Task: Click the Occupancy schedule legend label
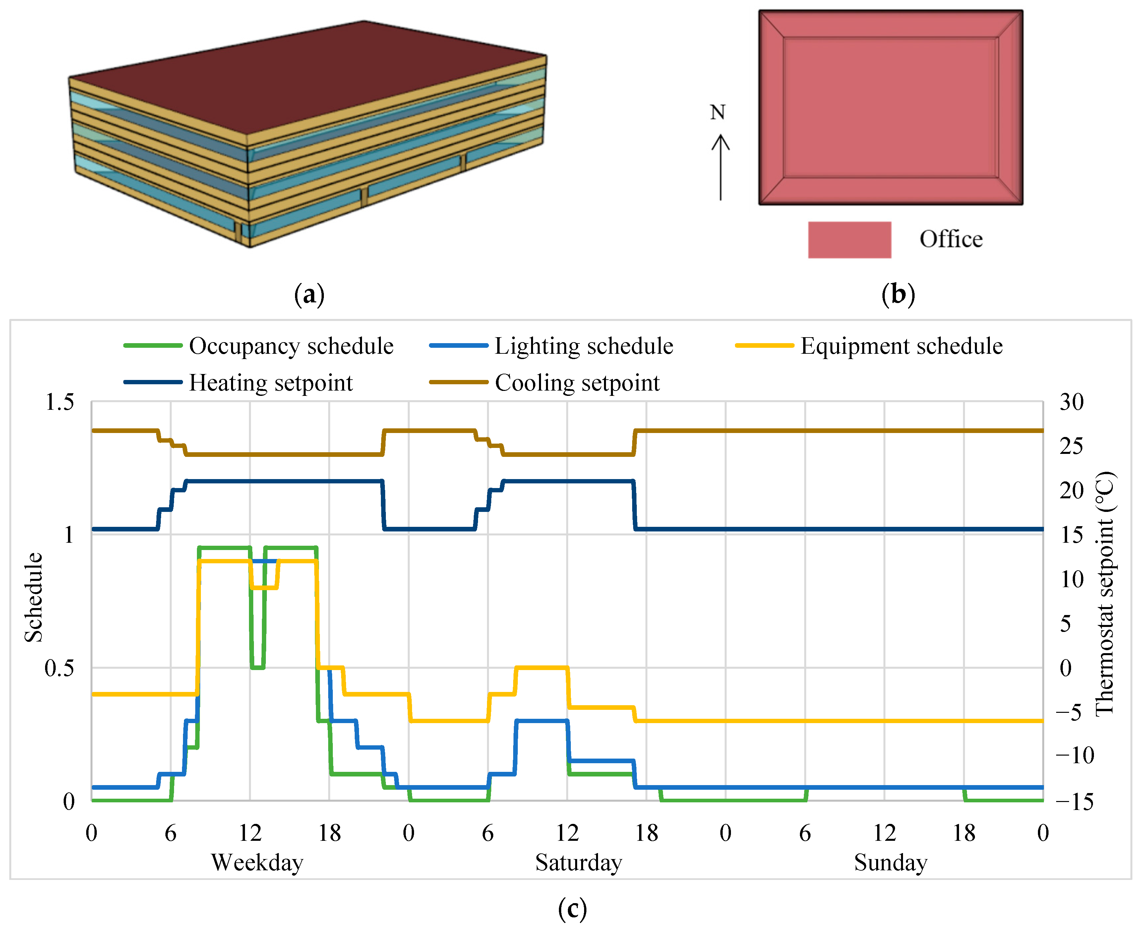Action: pyautogui.click(x=291, y=346)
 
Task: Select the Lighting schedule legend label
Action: pyautogui.click(x=583, y=346)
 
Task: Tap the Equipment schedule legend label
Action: pyautogui.click(x=901, y=346)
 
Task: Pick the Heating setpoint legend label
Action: pyautogui.click(x=271, y=383)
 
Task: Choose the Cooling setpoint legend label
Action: pyautogui.click(x=577, y=383)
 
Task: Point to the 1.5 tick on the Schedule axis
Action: pyautogui.click(x=59, y=402)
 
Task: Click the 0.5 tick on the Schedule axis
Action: pyautogui.click(x=59, y=668)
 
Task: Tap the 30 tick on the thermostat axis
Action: pyautogui.click(x=1071, y=402)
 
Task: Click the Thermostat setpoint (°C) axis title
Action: pyautogui.click(x=1104, y=593)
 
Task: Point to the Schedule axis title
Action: pyautogui.click(x=33, y=597)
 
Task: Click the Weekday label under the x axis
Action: pyautogui.click(x=257, y=862)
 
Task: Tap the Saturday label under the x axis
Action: pyautogui.click(x=579, y=862)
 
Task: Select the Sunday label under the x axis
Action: pyautogui.click(x=890, y=862)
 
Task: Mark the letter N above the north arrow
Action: pyautogui.click(x=717, y=112)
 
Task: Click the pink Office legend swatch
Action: pyautogui.click(x=849, y=240)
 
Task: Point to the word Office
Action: pyautogui.click(x=951, y=239)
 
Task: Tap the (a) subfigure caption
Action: pyautogui.click(x=309, y=294)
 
